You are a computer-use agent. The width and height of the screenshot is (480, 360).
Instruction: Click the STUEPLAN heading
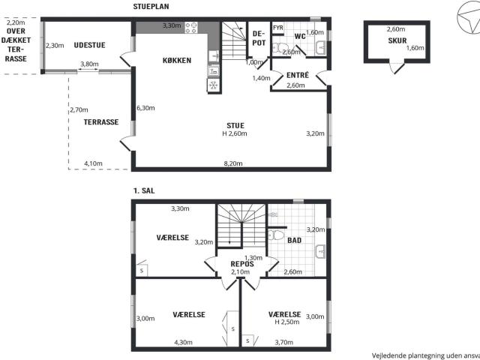pyautogui.click(x=151, y=7)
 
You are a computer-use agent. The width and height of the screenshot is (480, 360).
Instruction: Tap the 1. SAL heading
pyautogui.click(x=144, y=190)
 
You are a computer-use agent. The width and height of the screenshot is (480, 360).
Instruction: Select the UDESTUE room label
pyautogui.click(x=89, y=45)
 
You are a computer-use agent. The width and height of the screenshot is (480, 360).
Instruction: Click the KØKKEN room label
pyautogui.click(x=177, y=60)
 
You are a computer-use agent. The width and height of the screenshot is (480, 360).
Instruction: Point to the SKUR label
pyautogui.click(x=397, y=40)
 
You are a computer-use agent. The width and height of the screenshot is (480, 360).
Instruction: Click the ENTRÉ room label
pyautogui.click(x=298, y=75)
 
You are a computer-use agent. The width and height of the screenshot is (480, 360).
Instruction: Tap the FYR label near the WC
pyautogui.click(x=278, y=28)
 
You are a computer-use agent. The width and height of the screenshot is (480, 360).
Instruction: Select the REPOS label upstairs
pyautogui.click(x=242, y=264)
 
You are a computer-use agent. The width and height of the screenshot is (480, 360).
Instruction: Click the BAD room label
pyautogui.click(x=295, y=241)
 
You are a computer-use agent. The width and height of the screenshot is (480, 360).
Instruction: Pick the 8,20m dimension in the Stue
pyautogui.click(x=233, y=163)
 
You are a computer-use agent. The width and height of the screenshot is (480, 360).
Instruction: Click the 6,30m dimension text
pyautogui.click(x=145, y=108)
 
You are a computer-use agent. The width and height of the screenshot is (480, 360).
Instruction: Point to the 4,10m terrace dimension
pyautogui.click(x=93, y=163)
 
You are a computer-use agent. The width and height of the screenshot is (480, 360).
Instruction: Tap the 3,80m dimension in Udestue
pyautogui.click(x=89, y=64)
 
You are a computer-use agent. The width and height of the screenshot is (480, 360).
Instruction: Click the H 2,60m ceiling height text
pyautogui.click(x=235, y=133)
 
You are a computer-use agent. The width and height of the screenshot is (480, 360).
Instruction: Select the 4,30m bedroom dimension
pyautogui.click(x=183, y=342)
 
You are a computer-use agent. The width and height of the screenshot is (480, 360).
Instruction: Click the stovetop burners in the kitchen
pyautogui.click(x=191, y=28)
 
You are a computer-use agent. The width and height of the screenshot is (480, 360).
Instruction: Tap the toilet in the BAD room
pyautogui.click(x=276, y=235)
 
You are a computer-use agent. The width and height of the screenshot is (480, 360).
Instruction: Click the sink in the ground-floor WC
pyautogui.click(x=321, y=48)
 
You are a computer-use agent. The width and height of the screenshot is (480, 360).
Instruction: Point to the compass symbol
pyautogui.click(x=469, y=16)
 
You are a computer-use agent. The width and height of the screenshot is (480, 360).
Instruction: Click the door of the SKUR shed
pyautogui.click(x=399, y=69)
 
